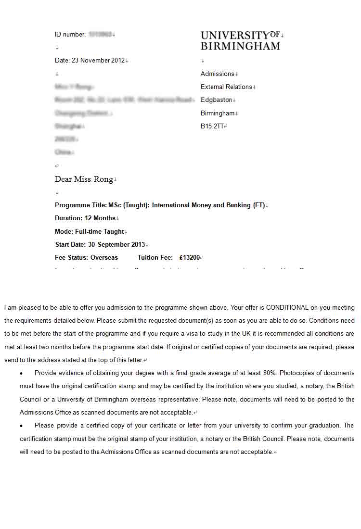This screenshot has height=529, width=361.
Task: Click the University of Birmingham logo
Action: click(x=240, y=40)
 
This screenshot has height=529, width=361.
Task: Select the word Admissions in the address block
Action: click(x=217, y=74)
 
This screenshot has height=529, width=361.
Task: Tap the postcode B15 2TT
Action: click(x=212, y=126)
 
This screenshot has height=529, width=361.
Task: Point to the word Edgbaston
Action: click(x=216, y=100)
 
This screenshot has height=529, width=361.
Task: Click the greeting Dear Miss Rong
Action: click(x=84, y=179)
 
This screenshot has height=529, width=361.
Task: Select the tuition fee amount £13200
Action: click(x=189, y=258)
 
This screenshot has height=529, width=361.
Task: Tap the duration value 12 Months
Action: click(x=100, y=218)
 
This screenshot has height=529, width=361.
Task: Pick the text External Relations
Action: click(x=226, y=87)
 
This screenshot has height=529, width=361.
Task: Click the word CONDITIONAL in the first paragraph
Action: click(x=287, y=308)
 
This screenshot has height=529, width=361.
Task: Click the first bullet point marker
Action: click(x=22, y=374)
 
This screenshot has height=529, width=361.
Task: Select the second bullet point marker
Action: click(x=22, y=426)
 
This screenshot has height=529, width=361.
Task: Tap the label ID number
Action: click(x=70, y=35)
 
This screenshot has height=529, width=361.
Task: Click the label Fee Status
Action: click(x=71, y=258)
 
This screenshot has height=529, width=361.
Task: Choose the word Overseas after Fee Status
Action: click(x=104, y=258)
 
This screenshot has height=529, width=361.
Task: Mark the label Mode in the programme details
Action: click(x=63, y=232)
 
